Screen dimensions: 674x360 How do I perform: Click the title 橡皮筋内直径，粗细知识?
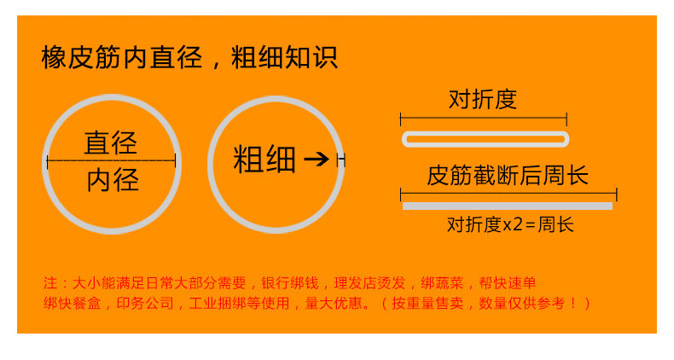point(189,58)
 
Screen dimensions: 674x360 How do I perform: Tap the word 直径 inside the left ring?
point(111,142)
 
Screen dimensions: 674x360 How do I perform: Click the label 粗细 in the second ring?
point(264,159)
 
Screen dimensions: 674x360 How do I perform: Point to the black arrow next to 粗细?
point(317,159)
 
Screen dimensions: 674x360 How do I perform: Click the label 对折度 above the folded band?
point(483,100)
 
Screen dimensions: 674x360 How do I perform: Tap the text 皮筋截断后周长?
point(508,177)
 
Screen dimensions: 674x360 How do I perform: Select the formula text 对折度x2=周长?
point(510,224)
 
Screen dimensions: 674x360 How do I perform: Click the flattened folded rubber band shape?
point(485,138)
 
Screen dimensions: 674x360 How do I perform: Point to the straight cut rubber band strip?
point(508,206)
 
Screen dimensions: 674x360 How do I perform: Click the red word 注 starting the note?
point(49,282)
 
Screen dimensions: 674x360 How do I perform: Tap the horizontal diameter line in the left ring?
point(111,160)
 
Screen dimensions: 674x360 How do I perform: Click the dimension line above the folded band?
point(483,117)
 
